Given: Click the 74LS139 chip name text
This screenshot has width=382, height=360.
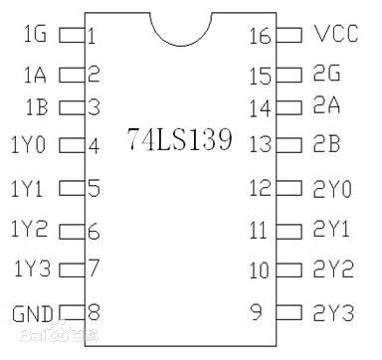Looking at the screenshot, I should [180, 139].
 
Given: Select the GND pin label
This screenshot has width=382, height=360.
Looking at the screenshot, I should [31, 314].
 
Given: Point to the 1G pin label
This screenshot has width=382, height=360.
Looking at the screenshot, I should [34, 36].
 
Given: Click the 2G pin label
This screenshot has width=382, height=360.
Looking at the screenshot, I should [326, 74].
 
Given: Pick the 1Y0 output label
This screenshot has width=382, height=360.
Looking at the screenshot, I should [29, 145].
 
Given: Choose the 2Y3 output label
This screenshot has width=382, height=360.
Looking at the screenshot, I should [332, 313].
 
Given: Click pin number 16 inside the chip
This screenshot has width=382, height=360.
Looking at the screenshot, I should [259, 36].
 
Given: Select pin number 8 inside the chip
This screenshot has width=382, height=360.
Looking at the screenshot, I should [94, 311].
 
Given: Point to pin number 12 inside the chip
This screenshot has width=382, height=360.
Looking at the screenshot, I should [259, 187].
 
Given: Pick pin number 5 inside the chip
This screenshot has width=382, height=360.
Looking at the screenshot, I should [94, 187].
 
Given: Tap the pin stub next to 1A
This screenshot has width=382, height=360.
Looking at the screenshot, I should [72, 73].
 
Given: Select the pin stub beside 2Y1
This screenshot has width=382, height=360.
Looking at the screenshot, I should [288, 231].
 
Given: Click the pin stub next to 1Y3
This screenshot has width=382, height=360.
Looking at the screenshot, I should [72, 269].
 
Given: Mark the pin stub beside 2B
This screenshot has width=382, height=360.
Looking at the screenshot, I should [288, 145].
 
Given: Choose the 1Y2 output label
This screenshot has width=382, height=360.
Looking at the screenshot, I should [29, 231].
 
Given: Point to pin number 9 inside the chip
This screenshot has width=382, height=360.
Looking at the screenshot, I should [257, 312].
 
